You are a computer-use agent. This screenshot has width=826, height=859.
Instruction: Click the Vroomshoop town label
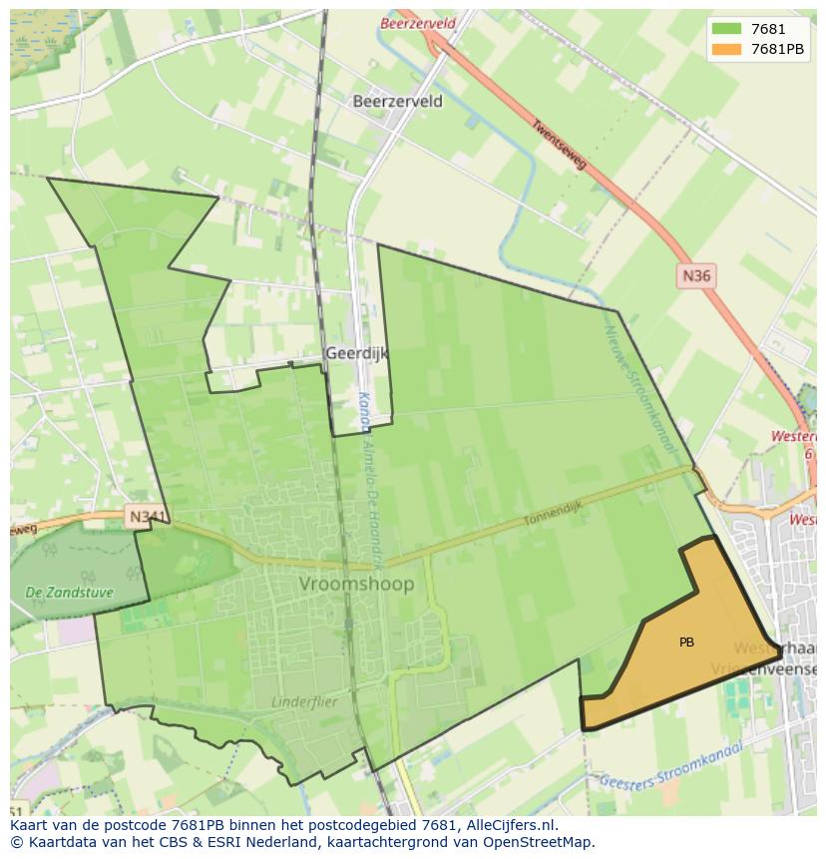click(x=356, y=584)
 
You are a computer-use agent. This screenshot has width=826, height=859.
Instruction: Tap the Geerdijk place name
click(x=356, y=353)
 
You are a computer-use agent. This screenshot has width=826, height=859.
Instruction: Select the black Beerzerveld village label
click(x=397, y=101)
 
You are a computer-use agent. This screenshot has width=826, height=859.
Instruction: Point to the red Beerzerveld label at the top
click(x=417, y=23)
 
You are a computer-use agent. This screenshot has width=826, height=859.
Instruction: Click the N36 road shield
click(x=696, y=275)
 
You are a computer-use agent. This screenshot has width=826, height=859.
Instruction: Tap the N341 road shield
click(x=146, y=517)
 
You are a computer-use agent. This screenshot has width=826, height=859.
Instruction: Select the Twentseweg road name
click(x=559, y=145)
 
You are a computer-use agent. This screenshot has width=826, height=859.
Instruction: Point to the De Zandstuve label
click(x=69, y=593)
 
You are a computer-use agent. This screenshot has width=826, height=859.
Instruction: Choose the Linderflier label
click(x=304, y=701)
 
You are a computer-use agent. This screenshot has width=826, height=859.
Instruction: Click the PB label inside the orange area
click(x=686, y=643)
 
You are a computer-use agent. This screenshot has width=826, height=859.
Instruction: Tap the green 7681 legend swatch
click(x=725, y=30)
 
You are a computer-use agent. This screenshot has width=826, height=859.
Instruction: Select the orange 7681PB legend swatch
click(x=725, y=49)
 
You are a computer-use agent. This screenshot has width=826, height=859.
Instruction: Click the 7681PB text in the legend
click(x=777, y=49)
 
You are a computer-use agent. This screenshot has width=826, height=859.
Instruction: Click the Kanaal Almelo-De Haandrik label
click(x=370, y=479)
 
